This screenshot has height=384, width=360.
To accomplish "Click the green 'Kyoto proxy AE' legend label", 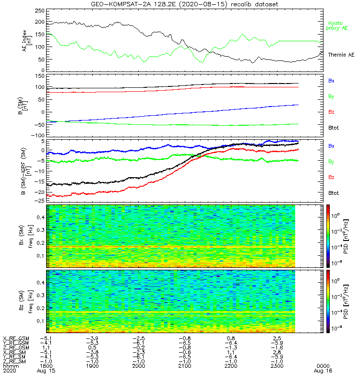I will click(x=338, y=26).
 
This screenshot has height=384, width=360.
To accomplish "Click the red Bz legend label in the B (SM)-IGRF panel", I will click(x=331, y=177).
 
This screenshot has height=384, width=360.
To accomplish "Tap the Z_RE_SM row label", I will click(x=16, y=361).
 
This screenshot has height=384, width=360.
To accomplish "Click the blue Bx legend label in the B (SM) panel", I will click(x=331, y=81).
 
